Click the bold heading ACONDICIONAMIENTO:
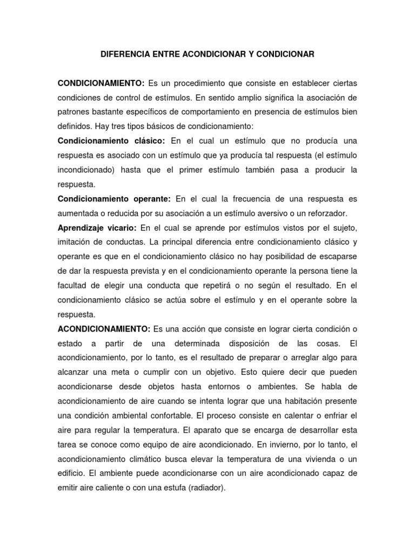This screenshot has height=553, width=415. coord(104,329)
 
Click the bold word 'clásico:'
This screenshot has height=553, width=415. coord(146,141)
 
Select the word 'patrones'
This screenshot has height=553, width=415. coord(73,112)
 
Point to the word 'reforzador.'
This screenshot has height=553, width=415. coord(325,213)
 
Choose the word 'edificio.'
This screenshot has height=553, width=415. coord(73,473)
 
